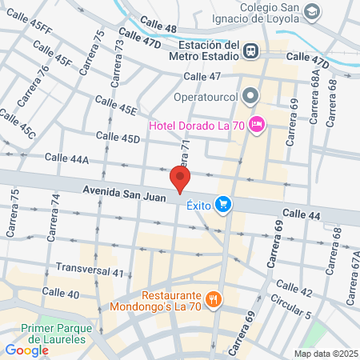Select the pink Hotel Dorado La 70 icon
click(x=256, y=123)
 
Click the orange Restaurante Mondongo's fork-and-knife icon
click(x=213, y=301)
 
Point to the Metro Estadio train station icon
click(x=251, y=50)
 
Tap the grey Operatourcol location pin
click(x=251, y=97)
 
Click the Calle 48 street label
click(x=158, y=28)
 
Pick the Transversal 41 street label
click(x=90, y=270)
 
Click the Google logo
click(x=27, y=349)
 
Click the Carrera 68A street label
click(x=318, y=92)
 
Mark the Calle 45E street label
click(x=116, y=105)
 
